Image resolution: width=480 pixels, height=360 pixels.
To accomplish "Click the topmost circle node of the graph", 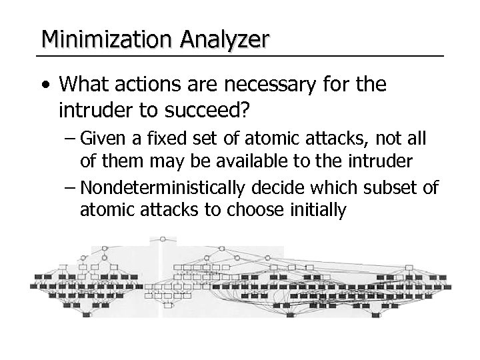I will [163, 238].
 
